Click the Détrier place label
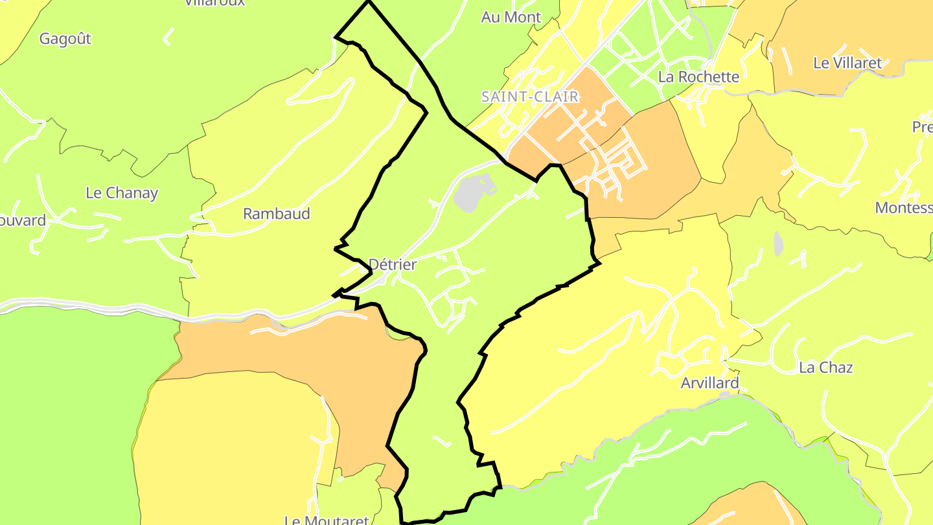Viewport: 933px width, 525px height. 392,264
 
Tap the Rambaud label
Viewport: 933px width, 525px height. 277,214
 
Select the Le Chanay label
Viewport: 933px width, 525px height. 122,193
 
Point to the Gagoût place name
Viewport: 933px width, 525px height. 65,39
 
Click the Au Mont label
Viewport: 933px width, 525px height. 511,17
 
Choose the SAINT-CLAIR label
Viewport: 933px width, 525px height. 529,97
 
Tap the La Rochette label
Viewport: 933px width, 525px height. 698,76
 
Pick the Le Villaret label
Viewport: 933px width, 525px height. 847,63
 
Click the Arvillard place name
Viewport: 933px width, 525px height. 710,383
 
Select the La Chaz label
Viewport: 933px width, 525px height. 826,367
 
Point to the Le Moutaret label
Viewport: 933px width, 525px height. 327,520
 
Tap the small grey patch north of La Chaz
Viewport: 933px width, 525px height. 778,243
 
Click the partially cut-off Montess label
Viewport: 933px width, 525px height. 904,208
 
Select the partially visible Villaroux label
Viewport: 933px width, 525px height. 214,3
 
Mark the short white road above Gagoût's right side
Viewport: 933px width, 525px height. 168,36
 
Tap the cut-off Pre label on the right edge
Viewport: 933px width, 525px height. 922,127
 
